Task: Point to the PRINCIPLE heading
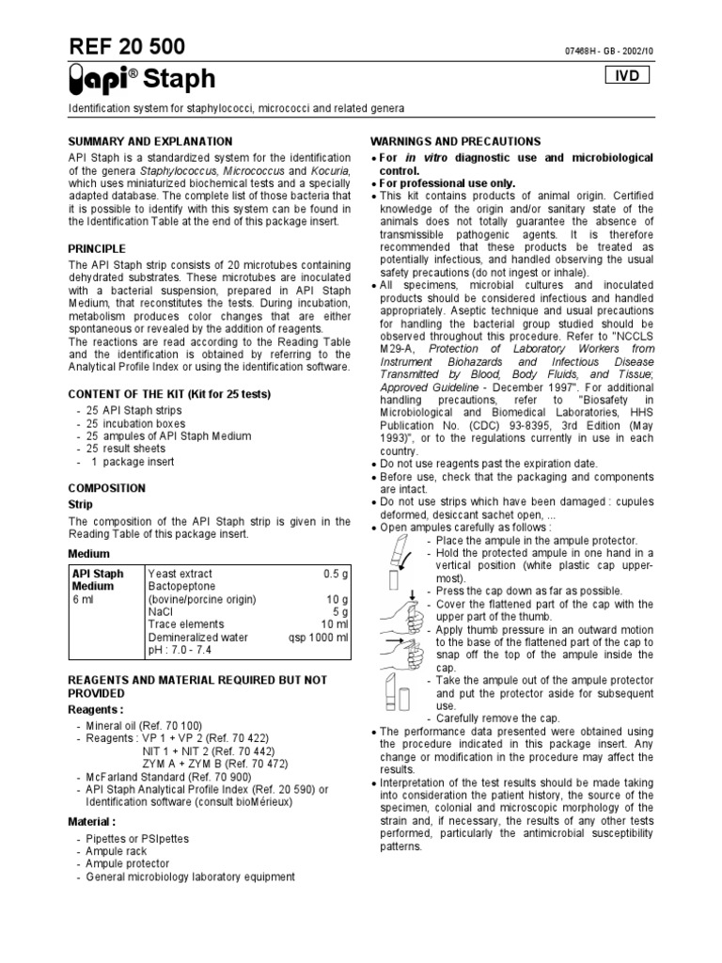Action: coord(97,248)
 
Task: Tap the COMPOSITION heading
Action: coord(107,488)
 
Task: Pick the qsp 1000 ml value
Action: coord(318,637)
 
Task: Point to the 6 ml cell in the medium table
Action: coord(84,599)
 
